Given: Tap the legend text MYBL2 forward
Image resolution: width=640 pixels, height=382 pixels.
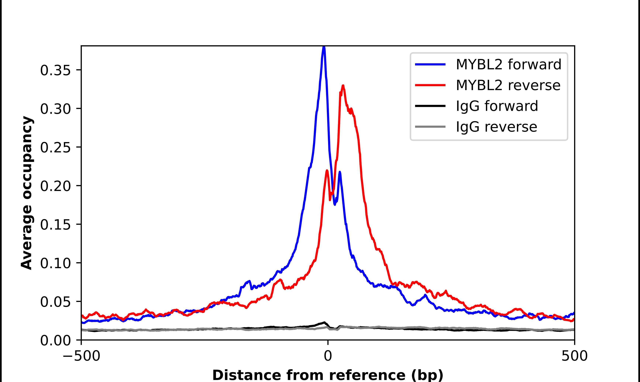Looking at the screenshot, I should [508, 64].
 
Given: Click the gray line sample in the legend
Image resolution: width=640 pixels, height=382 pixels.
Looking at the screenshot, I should [430, 127].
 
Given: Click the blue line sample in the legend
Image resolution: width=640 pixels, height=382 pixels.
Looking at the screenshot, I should [430, 64].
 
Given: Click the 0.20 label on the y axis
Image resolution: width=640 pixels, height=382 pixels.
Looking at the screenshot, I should [55, 186].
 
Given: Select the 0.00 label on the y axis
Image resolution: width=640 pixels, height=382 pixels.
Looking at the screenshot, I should [55, 340].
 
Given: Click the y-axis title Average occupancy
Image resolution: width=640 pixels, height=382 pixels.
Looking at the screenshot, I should [27, 193].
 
